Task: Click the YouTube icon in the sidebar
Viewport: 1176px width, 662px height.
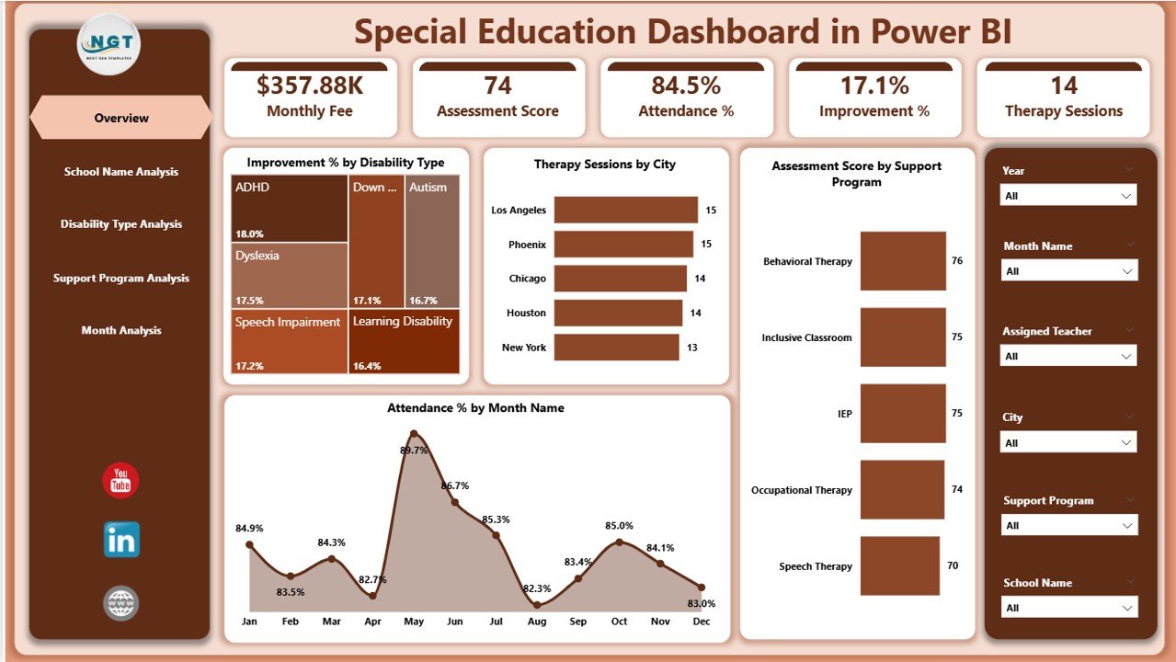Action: pyautogui.click(x=120, y=481)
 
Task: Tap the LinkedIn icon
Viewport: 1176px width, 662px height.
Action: pyautogui.click(x=121, y=540)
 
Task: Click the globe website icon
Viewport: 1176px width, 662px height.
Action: pyautogui.click(x=120, y=603)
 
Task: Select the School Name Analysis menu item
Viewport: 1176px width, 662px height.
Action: pyautogui.click(x=121, y=172)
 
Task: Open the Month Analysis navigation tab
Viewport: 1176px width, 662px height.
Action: pyautogui.click(x=121, y=331)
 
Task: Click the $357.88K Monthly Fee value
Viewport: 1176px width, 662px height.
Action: pyautogui.click(x=310, y=86)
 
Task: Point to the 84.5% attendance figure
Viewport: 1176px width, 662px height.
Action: pyautogui.click(x=686, y=86)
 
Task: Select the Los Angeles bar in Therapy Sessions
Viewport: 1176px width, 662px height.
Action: pyautogui.click(x=625, y=210)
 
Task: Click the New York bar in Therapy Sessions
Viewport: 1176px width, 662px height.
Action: pyautogui.click(x=616, y=348)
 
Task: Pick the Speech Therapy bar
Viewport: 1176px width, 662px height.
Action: pyautogui.click(x=899, y=566)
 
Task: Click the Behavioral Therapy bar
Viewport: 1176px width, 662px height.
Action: pyautogui.click(x=903, y=261)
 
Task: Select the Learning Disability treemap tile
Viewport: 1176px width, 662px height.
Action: pyautogui.click(x=404, y=341)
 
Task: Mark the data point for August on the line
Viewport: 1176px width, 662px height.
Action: pyautogui.click(x=537, y=605)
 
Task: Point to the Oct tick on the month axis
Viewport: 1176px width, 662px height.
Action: pyautogui.click(x=619, y=622)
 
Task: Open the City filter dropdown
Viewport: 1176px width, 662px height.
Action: pyautogui.click(x=1068, y=443)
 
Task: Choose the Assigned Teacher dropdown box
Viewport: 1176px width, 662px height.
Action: pyautogui.click(x=1068, y=356)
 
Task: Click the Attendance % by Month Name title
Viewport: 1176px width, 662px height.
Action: pyautogui.click(x=475, y=408)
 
